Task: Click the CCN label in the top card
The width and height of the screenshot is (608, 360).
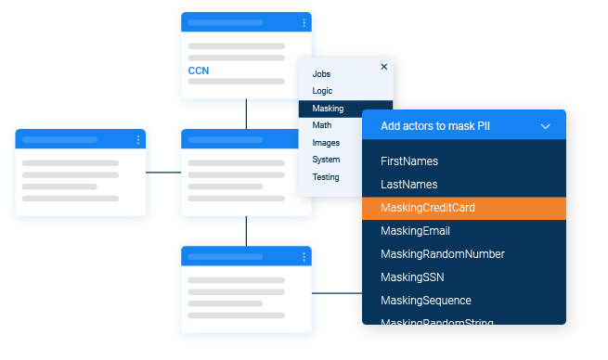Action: (x=199, y=71)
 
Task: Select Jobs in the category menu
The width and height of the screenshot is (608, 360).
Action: (x=321, y=73)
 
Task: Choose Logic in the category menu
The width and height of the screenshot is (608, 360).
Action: (x=322, y=91)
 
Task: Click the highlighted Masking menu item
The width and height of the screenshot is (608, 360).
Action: (x=328, y=109)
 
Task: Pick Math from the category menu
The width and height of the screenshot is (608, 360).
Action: (x=321, y=125)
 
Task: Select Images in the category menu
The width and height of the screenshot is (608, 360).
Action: (x=326, y=143)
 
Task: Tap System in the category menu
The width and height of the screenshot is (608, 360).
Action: (x=326, y=160)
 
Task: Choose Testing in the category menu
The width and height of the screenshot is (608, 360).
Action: (x=326, y=176)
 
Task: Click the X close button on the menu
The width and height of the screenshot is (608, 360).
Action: (x=384, y=67)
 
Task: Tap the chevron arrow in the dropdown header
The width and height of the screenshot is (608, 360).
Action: (x=545, y=126)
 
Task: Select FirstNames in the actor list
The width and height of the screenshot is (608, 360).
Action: (x=409, y=161)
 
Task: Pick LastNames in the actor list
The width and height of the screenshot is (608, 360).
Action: (x=408, y=185)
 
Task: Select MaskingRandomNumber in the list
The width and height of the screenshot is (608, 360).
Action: (x=442, y=254)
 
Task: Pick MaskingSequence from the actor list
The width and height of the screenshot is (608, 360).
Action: (x=426, y=301)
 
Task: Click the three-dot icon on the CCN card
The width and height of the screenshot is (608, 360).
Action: (x=304, y=23)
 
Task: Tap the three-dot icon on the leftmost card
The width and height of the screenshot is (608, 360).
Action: (x=138, y=140)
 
